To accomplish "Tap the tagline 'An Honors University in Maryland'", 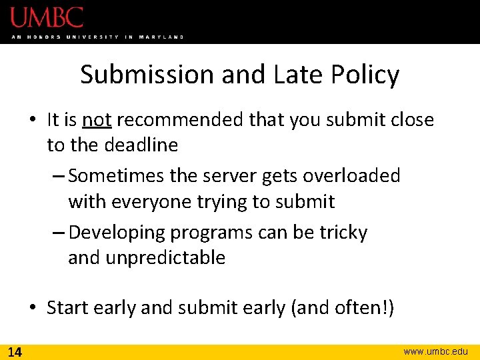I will tap(97, 37).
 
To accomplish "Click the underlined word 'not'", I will tap(97, 120).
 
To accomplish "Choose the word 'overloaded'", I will tap(351, 176).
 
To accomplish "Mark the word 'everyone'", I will tap(152, 201).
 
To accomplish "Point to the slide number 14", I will tap(14, 351).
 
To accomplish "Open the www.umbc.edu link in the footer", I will tap(436, 351).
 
